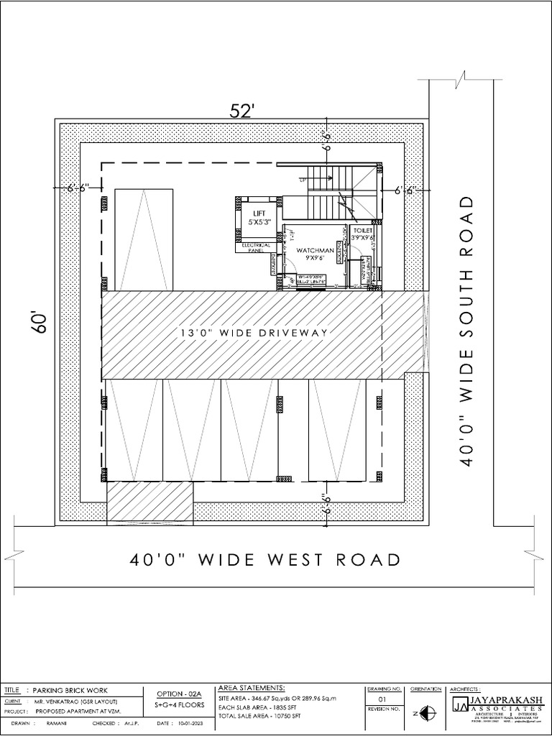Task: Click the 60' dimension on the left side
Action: point(39,323)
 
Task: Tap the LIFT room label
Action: point(259,213)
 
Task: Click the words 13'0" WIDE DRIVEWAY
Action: point(254,333)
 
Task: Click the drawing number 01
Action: point(382,699)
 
